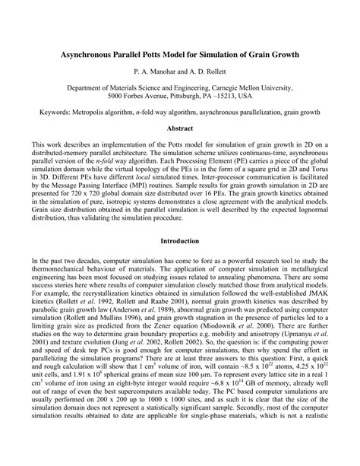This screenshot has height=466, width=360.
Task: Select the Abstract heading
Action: click(180, 128)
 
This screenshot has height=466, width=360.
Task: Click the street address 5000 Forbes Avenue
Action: click(142, 97)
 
